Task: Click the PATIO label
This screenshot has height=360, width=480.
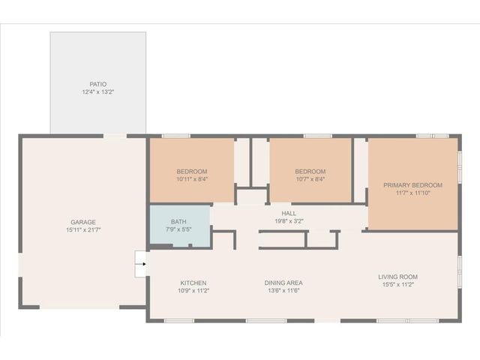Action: (x=97, y=84)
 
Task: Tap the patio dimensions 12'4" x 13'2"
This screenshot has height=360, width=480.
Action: (x=97, y=92)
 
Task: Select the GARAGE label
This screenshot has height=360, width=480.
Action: (x=82, y=222)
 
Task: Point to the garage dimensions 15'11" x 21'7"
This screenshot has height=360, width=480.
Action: (x=82, y=230)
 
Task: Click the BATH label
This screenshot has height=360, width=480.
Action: (x=178, y=221)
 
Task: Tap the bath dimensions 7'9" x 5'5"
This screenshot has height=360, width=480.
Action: (x=178, y=229)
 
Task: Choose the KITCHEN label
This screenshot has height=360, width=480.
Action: (x=193, y=283)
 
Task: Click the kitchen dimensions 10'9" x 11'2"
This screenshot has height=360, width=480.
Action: (x=193, y=291)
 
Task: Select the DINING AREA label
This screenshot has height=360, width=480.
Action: (x=283, y=283)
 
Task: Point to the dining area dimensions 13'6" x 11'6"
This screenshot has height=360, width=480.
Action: (x=283, y=291)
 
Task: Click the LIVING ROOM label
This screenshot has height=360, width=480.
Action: (x=397, y=277)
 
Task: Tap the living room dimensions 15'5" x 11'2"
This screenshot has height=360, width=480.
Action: (x=397, y=285)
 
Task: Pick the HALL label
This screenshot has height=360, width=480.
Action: (x=288, y=213)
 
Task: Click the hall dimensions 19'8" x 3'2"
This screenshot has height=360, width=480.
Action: (x=288, y=221)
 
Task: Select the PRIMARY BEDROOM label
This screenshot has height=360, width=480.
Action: (x=412, y=184)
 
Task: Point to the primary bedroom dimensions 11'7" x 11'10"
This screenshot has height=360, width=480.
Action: (x=412, y=193)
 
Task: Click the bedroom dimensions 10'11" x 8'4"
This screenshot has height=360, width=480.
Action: (x=192, y=179)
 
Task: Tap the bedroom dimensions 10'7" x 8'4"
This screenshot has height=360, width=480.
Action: (x=310, y=179)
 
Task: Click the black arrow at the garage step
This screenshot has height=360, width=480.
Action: (x=143, y=264)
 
